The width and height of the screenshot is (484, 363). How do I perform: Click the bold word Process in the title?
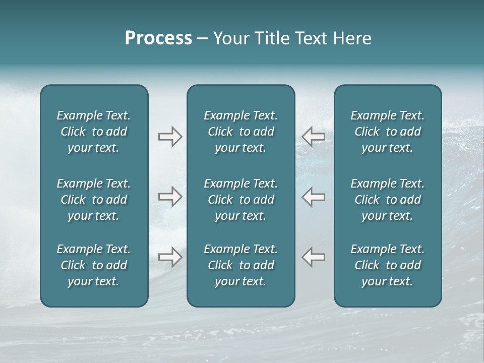158,38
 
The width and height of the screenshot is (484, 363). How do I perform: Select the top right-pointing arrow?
170,137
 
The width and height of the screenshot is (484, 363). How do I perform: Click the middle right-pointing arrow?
170,197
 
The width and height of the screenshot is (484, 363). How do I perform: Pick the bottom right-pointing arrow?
170,257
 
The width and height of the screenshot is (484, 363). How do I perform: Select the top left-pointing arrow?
313,137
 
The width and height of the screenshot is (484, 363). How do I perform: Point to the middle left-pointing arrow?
313,197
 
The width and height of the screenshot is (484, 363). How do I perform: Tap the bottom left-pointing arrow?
313,257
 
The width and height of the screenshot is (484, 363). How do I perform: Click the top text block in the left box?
94,132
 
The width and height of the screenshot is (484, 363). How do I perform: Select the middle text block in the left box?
94,200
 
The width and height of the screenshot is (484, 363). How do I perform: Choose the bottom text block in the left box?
94,265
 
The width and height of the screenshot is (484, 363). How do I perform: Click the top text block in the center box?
240,132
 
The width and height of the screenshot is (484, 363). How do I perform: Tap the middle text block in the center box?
240,200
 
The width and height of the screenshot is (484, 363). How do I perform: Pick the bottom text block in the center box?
240,265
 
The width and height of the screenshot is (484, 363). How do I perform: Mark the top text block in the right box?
387,132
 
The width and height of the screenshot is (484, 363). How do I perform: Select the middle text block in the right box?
387,200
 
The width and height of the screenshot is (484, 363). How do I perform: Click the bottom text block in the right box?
387,265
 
